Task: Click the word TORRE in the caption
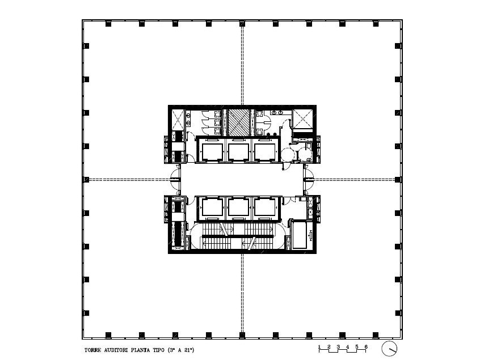coord(92,350)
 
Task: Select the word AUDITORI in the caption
coord(116,350)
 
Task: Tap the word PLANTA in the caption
coord(141,350)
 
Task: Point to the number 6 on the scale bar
coord(366,347)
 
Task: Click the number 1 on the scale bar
coord(319,347)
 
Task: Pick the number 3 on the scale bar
coord(338,347)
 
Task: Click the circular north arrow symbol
coord(389,349)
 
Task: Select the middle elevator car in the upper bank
coord(238,152)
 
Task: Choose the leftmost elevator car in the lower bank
coord(212,207)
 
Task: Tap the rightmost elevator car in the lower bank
coord(264,207)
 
